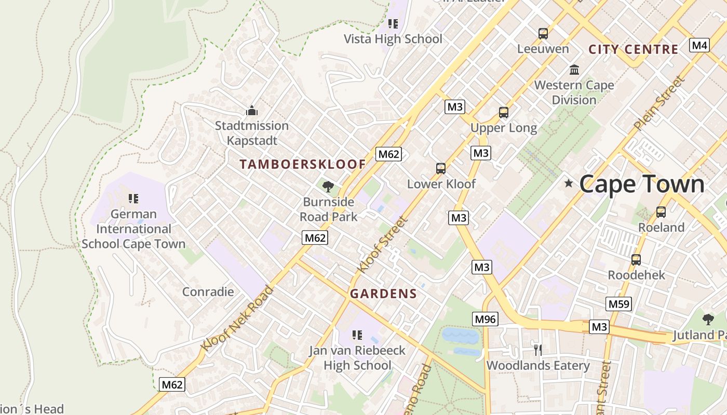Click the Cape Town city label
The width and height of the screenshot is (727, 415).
pos(641,184)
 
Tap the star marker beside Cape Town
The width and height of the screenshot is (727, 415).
pos(569,183)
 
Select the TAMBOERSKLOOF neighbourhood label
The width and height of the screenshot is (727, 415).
pos(303,164)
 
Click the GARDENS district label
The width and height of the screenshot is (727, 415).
pos(383,294)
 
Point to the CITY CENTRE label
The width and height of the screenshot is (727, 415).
pos(633,50)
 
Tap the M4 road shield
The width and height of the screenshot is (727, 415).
pos(699,45)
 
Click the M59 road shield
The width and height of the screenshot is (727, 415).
pos(618,304)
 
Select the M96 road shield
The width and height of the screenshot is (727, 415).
pos(485,319)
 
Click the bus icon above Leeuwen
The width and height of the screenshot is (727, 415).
pos(543,34)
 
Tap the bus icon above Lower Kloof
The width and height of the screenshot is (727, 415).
pos(441,169)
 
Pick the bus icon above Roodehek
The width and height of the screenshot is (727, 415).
pos(636,260)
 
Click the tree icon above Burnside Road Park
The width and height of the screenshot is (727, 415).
pos(328,187)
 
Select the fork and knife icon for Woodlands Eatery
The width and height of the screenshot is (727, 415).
pos(538,350)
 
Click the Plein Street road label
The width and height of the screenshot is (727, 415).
pos(659,103)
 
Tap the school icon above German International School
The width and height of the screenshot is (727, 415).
pos(133,199)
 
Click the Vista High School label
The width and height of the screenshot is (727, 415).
pos(393,39)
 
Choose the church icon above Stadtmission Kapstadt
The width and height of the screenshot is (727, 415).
pos(252,110)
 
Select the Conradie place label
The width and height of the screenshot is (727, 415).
pos(208,292)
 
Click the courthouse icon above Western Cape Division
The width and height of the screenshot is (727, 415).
pos(574,70)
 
